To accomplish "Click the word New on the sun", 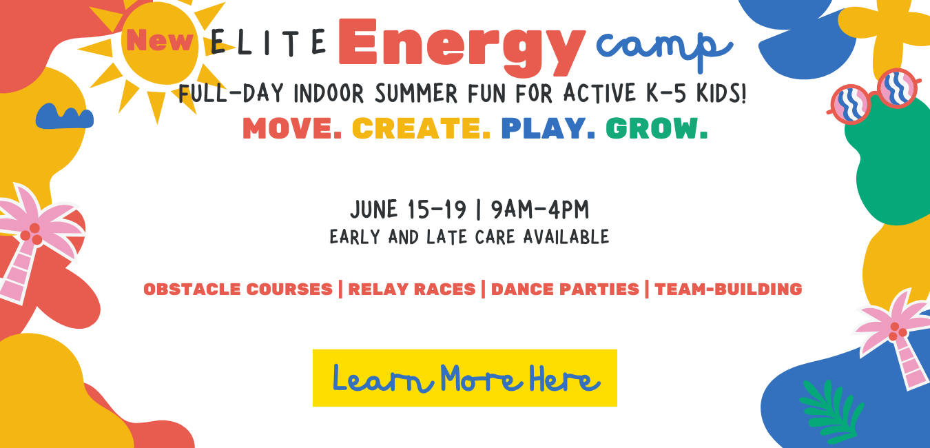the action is click(160, 40).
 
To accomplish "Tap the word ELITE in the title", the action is click(269, 42).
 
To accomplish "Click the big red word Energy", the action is click(462, 48).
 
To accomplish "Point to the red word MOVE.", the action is click(292, 128).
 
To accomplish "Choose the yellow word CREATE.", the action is click(421, 128).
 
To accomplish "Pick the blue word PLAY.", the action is click(548, 128).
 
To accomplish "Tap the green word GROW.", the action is click(657, 128).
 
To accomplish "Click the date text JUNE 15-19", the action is click(408, 210).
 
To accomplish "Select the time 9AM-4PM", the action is click(539, 210).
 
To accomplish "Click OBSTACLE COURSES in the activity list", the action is click(238, 289).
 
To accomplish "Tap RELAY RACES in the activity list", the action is click(412, 289).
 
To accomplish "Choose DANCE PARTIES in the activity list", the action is click(565, 289).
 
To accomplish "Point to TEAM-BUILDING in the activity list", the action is click(728, 289).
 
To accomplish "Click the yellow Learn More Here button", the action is click(465, 378).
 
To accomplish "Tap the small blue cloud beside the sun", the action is click(64, 116).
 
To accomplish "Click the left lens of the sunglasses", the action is click(851, 104).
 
